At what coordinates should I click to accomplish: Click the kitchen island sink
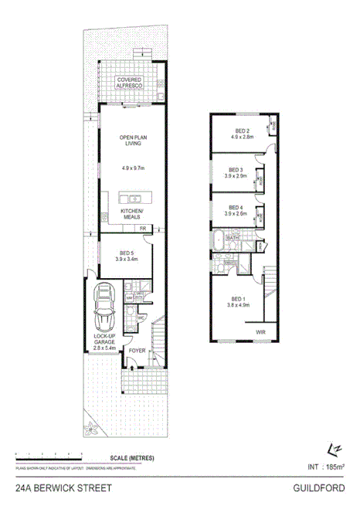coord(132,198)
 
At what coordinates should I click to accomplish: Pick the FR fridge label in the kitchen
coord(142,229)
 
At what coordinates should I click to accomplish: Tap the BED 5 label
coord(127,252)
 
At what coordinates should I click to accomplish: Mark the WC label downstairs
coord(141,317)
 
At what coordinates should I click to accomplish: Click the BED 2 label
coord(242,131)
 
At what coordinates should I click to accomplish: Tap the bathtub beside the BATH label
coord(219,239)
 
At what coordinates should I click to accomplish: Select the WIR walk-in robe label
coord(259,333)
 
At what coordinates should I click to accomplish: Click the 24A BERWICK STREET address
coord(63,488)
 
